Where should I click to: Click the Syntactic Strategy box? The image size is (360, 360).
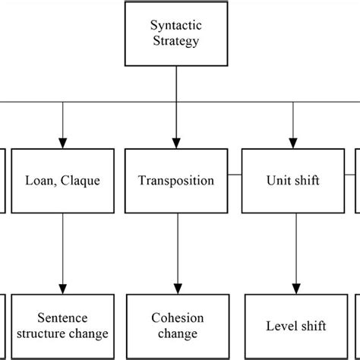tap(176, 33)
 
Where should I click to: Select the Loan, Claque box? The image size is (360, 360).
tap(62, 181)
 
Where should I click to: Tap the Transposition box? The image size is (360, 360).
tap(176, 181)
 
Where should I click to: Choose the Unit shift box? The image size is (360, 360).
tap(292, 181)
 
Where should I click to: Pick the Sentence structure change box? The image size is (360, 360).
tap(62, 325)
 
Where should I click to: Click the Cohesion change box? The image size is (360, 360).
tap(176, 325)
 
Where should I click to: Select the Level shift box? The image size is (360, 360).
tap(295, 325)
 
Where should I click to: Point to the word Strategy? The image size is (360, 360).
tap(176, 41)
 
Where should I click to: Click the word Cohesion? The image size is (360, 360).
tap(176, 317)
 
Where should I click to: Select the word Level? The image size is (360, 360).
tap(279, 326)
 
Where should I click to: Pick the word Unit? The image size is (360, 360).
tap(276, 182)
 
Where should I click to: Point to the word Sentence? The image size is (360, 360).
tap(62, 317)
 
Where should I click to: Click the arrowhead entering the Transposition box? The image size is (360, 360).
tap(176, 141)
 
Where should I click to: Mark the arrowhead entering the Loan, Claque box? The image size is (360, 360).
tap(62, 141)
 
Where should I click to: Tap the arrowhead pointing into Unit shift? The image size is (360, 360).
tap(292, 141)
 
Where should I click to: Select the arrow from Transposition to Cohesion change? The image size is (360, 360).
tap(176, 251)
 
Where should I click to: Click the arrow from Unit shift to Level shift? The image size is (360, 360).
tap(292, 251)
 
